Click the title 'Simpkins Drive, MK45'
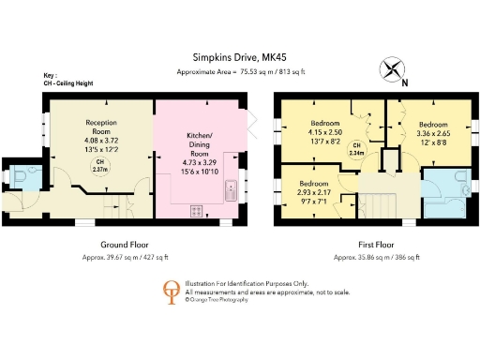[x=240, y=55]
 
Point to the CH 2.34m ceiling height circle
[x=355, y=148]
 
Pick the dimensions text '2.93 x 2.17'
[x=315, y=191]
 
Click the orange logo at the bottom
[x=171, y=292]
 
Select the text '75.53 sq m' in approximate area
[x=249, y=72]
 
